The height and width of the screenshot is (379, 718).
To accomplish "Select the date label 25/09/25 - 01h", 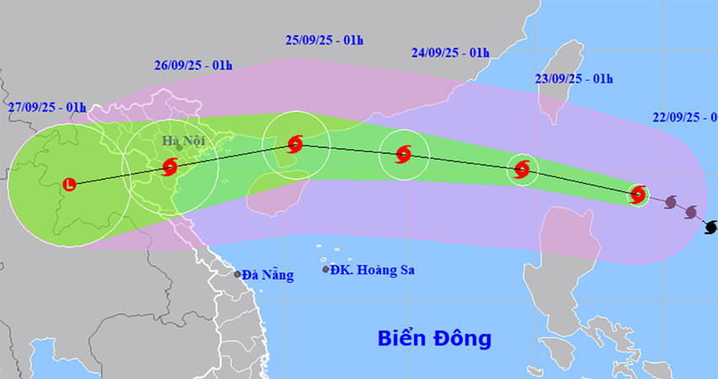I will click(x=324, y=40).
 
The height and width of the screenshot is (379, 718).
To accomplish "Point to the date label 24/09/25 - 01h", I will click(x=451, y=52).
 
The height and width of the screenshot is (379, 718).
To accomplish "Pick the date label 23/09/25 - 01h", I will click(x=573, y=79).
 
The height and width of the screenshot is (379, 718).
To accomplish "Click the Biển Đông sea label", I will click(x=434, y=339).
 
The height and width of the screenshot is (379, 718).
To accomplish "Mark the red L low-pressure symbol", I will click(x=69, y=183).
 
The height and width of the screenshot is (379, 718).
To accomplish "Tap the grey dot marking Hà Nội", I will click(x=179, y=147).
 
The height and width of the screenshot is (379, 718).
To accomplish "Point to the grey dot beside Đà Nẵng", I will click(x=238, y=275).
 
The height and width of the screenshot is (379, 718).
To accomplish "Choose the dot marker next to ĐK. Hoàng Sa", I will click(x=326, y=270).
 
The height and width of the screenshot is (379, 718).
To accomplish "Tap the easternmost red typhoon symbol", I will click(x=638, y=195).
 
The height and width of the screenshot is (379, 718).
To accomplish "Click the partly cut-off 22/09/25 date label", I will click(x=683, y=117).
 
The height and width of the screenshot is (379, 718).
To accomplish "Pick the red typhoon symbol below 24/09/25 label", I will click(x=404, y=154).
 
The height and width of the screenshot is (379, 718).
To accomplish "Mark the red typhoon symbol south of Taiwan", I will click(x=522, y=169).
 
